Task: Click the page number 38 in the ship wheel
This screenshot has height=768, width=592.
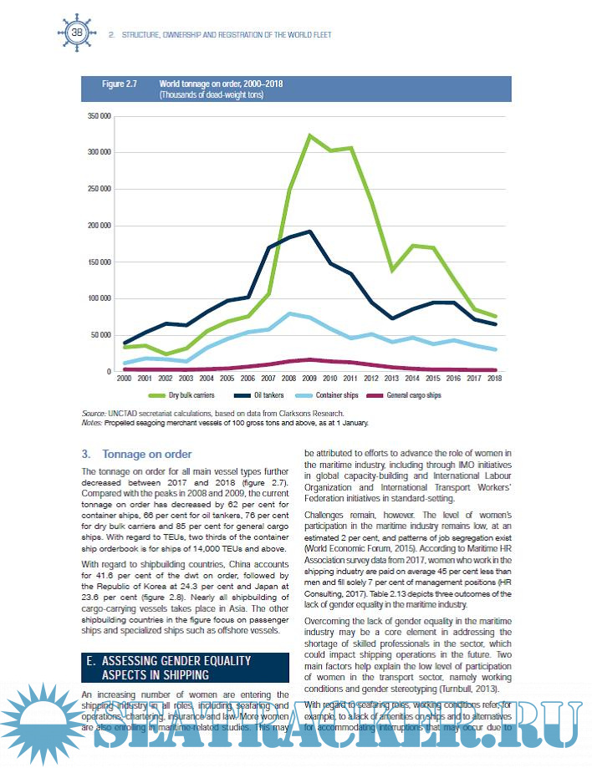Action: [77, 33]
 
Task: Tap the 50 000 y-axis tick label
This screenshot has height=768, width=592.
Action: [102, 335]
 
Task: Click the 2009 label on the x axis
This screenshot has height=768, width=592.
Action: [309, 379]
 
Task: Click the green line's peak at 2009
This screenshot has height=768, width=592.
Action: [309, 135]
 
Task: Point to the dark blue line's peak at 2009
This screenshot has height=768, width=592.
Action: [309, 231]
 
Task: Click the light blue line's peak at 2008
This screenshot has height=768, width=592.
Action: [288, 313]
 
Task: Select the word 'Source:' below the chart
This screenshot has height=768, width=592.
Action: [94, 413]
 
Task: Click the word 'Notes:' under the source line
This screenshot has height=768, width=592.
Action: [93, 421]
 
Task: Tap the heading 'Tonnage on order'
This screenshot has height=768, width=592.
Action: [147, 455]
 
